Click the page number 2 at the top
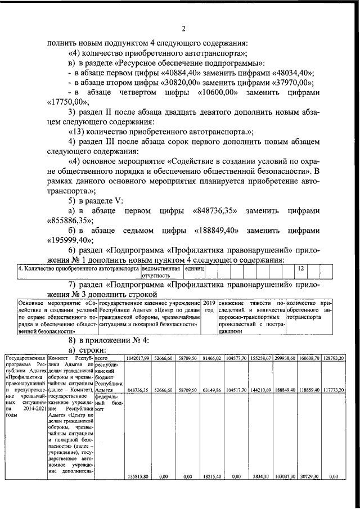[x=184, y=29]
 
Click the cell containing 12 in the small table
[x=300, y=269]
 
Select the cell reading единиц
[x=194, y=269]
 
